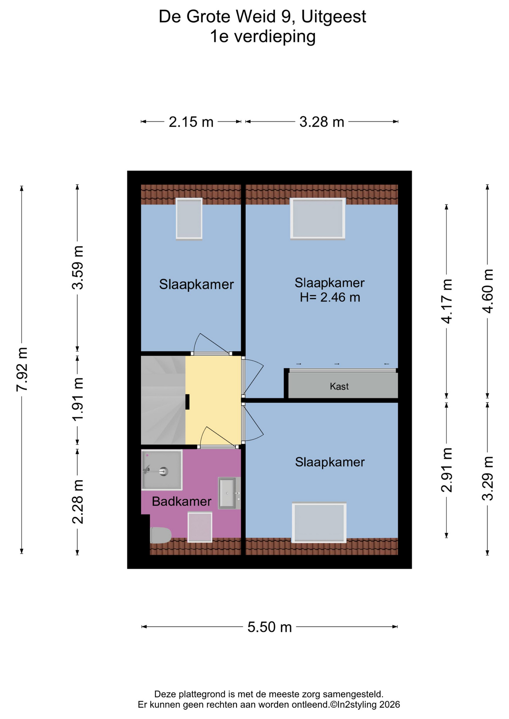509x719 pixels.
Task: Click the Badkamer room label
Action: (181, 501)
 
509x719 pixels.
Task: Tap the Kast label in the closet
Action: (339, 386)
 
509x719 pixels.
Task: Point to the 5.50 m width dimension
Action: (269, 627)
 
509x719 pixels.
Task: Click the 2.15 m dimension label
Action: (191, 122)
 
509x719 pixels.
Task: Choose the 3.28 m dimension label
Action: (322, 122)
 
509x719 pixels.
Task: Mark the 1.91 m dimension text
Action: (78, 399)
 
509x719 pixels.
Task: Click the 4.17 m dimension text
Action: (446, 301)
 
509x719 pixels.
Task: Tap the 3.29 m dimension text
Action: (488, 479)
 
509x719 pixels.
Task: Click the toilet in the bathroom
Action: (160, 535)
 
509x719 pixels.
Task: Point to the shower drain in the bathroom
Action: (163, 471)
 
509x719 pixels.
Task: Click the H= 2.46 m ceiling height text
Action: (330, 297)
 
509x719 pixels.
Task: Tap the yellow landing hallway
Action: (214, 400)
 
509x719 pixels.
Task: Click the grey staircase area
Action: (163, 400)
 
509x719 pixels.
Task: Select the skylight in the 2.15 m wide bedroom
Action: (189, 219)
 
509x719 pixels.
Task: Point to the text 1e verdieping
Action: (262, 37)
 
